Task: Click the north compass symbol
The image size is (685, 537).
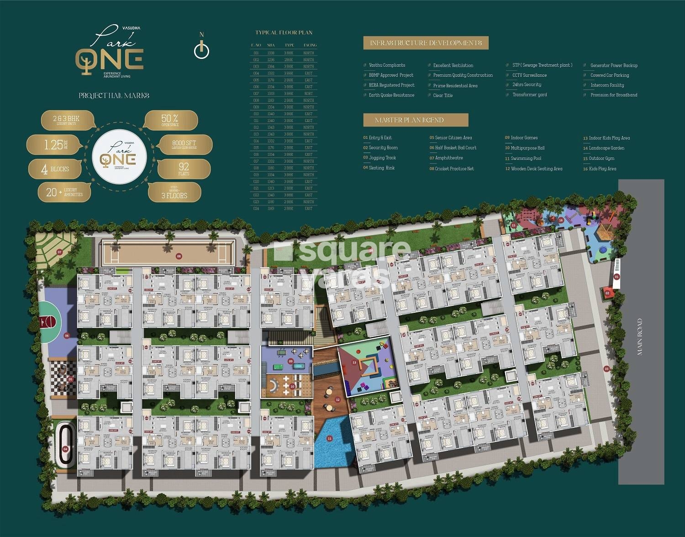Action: pyautogui.click(x=201, y=49)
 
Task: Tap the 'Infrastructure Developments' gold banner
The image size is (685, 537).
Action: pyautogui.click(x=426, y=43)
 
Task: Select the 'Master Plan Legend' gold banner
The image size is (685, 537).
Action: pyautogui.click(x=416, y=120)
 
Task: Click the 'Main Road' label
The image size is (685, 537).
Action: pyautogui.click(x=639, y=337)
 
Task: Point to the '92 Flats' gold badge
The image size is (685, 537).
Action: pyautogui.click(x=184, y=169)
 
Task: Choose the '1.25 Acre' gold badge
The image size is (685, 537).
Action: pyautogui.click(x=55, y=145)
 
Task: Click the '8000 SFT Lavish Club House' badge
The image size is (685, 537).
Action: pyautogui.click(x=184, y=144)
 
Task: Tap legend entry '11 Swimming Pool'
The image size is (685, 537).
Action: pyautogui.click(x=523, y=158)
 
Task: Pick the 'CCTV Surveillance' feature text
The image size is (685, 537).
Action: pyautogui.click(x=529, y=75)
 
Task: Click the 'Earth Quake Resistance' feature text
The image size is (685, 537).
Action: pyautogui.click(x=391, y=95)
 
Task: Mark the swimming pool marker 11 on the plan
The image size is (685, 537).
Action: pyautogui.click(x=330, y=438)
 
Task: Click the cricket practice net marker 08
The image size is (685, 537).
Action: pyautogui.click(x=179, y=256)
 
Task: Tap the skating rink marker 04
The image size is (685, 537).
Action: pyautogui.click(x=65, y=449)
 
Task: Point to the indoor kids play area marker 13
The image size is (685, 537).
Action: pyautogui.click(x=354, y=362)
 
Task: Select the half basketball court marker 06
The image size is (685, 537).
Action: pyautogui.click(x=67, y=336)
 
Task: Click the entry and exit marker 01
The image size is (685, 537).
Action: pyautogui.click(x=616, y=277)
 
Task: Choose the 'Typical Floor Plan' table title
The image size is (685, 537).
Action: pyautogui.click(x=284, y=33)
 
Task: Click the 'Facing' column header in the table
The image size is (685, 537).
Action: pyautogui.click(x=310, y=45)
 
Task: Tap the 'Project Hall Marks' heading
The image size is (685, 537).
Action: pyautogui.click(x=114, y=95)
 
